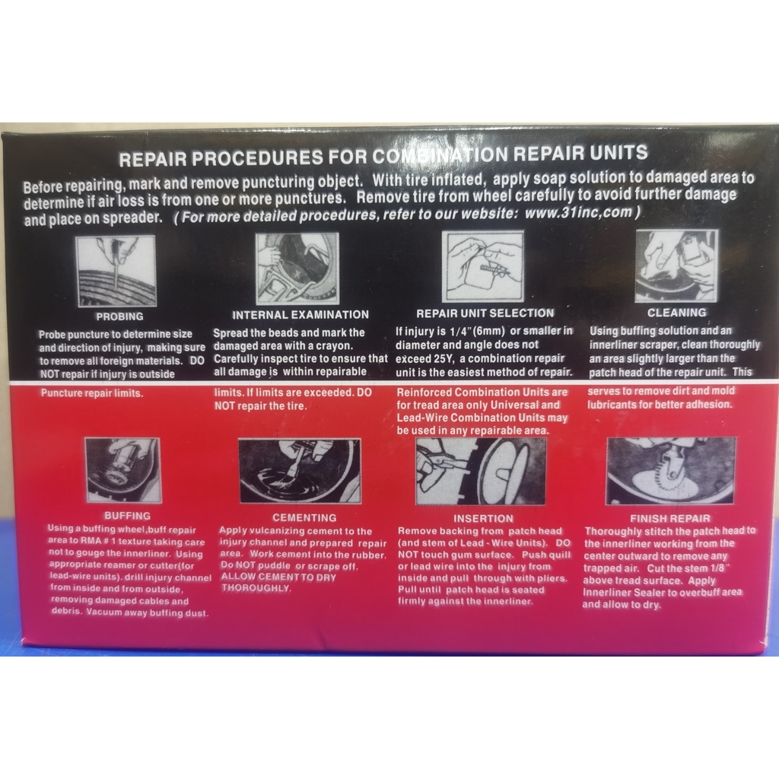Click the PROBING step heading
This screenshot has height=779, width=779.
(119, 316)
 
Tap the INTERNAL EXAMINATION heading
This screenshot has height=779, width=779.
(300, 315)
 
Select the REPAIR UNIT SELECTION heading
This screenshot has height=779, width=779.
(485, 313)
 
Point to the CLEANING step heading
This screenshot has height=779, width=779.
(676, 313)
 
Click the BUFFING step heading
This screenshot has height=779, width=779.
(127, 516)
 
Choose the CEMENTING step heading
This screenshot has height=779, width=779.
(304, 517)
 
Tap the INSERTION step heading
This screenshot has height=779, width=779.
(483, 519)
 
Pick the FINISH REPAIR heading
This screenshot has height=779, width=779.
(669, 519)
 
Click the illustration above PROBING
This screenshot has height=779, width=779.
(116, 272)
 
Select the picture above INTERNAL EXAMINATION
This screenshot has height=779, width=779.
(297, 269)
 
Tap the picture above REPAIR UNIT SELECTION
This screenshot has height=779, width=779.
(483, 266)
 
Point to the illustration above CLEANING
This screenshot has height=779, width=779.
(676, 265)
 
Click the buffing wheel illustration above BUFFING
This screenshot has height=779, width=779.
(123, 470)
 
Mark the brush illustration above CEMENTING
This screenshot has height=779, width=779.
(300, 471)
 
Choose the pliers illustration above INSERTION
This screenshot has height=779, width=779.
(481, 471)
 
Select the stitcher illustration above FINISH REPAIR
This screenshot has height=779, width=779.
(671, 471)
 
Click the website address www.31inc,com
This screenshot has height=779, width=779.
(579, 213)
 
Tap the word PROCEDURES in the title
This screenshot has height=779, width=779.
(257, 158)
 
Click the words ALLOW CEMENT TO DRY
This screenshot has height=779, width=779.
(278, 577)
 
